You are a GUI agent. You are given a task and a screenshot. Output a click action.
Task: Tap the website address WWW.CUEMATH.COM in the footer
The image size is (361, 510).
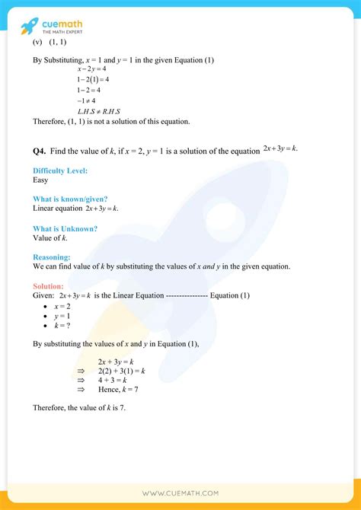180,493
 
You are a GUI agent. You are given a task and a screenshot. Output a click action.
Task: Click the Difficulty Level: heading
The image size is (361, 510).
60,171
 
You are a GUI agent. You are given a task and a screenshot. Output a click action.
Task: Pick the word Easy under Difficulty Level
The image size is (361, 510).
41,180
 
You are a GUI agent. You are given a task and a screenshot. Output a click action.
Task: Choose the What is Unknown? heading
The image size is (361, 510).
65,228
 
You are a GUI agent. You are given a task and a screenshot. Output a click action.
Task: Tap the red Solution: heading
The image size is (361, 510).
50,286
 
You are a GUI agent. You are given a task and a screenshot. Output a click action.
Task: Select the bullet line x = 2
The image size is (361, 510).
61,305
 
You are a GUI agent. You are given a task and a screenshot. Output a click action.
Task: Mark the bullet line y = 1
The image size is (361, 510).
61,315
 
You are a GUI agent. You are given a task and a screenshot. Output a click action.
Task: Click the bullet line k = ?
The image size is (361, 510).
62,325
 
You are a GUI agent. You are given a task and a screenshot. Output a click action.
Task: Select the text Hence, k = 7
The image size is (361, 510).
118,389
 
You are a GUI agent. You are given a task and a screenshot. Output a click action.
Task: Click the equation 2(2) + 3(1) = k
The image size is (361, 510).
121,370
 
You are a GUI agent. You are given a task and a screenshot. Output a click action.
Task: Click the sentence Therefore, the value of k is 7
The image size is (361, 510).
79,408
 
